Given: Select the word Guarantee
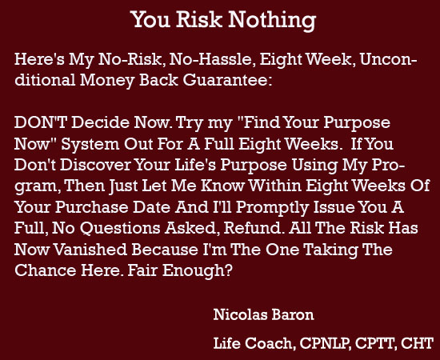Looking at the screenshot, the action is [227, 80].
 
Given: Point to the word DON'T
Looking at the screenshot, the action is [41, 122].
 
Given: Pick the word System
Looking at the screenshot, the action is [90, 145].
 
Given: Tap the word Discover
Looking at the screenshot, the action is [95, 165].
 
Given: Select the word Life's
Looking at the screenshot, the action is [195, 165].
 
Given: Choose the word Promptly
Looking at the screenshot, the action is [272, 208].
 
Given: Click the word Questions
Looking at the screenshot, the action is [120, 229].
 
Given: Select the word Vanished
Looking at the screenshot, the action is [90, 250].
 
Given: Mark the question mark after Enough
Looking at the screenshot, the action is [229, 270].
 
